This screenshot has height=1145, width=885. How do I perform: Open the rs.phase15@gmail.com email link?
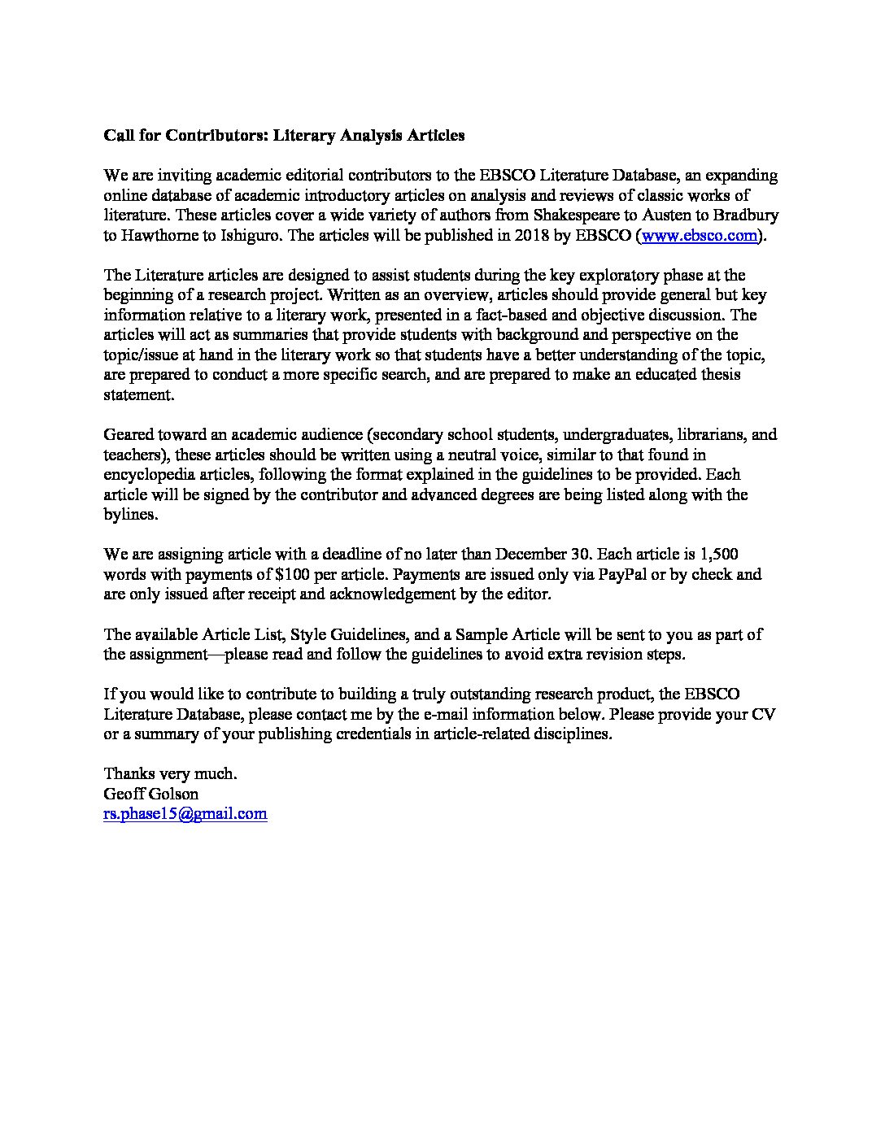(x=185, y=813)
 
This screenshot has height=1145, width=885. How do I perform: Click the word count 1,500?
(x=718, y=554)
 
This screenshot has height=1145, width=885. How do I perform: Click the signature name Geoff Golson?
(x=151, y=793)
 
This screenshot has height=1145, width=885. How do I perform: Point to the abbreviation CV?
(x=764, y=714)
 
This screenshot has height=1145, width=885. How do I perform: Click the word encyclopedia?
(x=150, y=474)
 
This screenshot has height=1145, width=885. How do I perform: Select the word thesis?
(x=717, y=375)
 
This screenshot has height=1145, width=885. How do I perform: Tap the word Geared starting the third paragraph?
(x=129, y=434)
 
